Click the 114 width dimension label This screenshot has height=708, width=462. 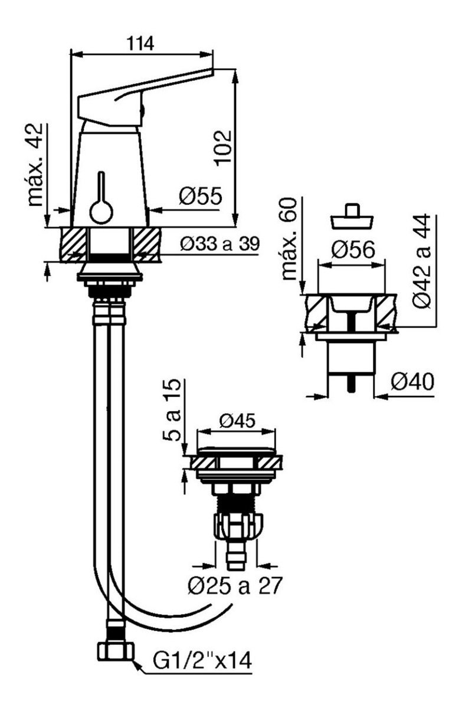140,43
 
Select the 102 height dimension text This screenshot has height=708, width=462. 223,147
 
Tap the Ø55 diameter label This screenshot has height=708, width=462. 201,196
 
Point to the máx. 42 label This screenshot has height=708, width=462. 35,165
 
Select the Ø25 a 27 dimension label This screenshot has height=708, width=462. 234,585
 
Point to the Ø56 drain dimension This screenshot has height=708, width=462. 353,250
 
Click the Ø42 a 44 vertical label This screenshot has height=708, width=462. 422,260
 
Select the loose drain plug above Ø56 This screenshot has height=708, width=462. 352,217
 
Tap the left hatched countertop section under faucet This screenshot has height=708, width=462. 73,244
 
